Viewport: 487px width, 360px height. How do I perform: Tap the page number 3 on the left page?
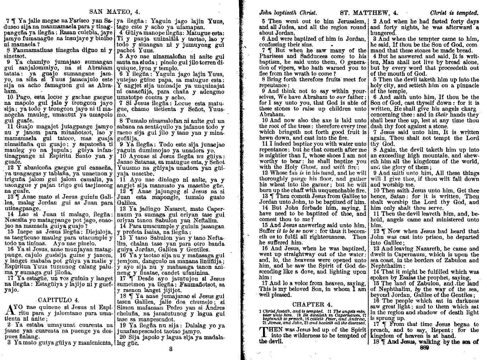point(170,349)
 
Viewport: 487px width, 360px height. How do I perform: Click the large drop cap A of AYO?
point(10,310)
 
